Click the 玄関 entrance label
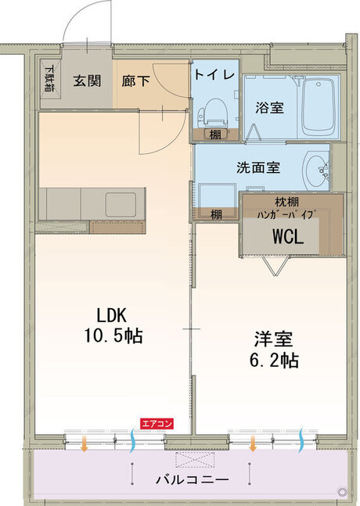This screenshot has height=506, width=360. (85, 80)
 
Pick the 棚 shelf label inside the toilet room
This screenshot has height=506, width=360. (214, 135)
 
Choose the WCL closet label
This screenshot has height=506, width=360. (287, 235)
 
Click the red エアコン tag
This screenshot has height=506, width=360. (157, 423)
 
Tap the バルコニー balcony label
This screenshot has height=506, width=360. (191, 479)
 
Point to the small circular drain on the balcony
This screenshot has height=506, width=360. (340, 490)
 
